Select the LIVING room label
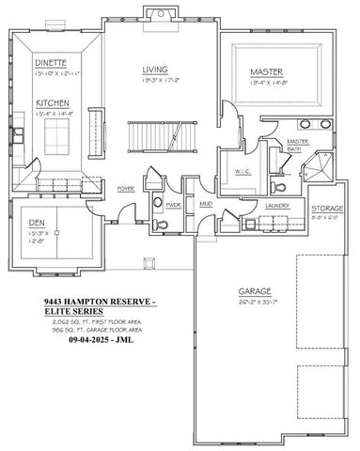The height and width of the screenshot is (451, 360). (x=155, y=70)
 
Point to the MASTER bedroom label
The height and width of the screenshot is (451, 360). (x=268, y=71)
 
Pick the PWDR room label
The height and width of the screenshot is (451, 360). (x=172, y=204)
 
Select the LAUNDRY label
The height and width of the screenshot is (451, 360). (x=276, y=204)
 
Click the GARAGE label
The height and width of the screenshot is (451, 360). (x=253, y=293)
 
